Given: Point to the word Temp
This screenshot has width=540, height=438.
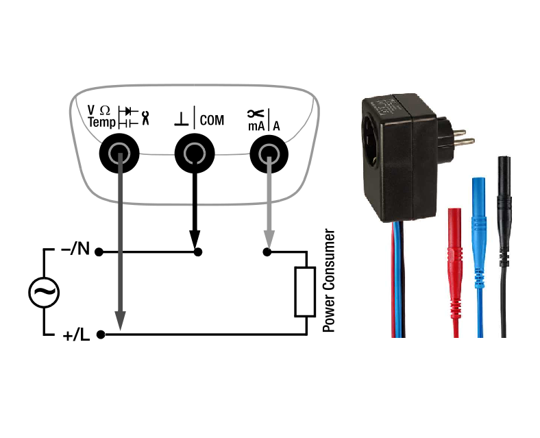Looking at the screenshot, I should click(101, 123).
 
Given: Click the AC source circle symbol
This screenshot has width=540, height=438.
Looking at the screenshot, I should click(44, 293).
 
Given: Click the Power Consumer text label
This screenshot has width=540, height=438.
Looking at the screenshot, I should click(328, 280).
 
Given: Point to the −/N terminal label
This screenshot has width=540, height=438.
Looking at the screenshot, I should click(75, 250).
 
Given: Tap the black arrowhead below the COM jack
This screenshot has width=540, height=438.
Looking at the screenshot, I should click(196, 242).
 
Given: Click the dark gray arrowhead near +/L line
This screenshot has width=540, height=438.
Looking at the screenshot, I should click(119, 321).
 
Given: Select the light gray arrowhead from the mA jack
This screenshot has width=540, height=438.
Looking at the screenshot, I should click(269, 241).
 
